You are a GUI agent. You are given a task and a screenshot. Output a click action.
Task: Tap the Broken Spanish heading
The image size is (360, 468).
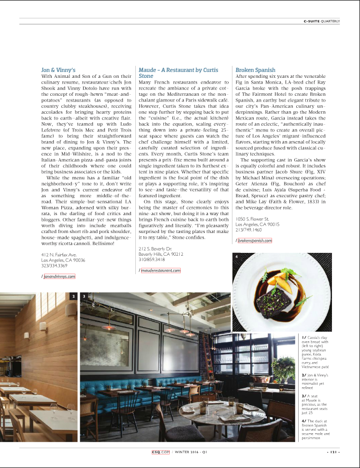(255, 70)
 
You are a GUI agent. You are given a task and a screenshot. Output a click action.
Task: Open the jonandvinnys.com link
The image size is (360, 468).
(59, 276)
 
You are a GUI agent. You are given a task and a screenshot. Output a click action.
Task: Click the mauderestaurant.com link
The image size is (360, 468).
(161, 270)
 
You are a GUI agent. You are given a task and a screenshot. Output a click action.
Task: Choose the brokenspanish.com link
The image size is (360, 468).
(255, 240)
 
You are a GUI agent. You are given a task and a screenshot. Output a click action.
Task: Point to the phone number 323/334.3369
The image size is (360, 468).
(54, 265)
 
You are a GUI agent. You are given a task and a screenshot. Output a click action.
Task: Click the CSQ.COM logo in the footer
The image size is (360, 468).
(160, 453)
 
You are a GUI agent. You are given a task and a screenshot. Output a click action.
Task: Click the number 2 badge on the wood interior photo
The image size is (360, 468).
(73, 296)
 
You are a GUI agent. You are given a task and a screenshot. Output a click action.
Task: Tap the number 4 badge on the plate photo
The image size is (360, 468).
(237, 256)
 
